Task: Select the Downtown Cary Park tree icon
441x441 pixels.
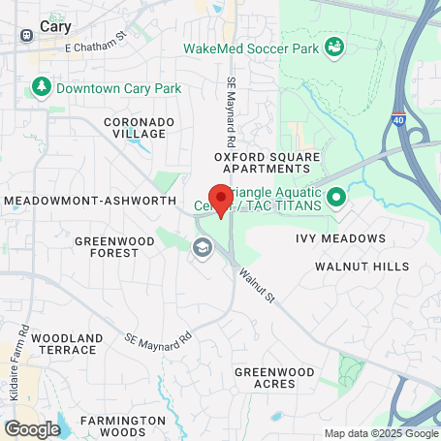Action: [x=42, y=88]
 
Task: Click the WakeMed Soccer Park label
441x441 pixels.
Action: [x=250, y=47]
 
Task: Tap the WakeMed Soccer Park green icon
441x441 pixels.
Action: [x=333, y=47]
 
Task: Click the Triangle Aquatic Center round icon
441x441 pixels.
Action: [x=336, y=200]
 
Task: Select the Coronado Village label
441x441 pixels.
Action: [x=140, y=128]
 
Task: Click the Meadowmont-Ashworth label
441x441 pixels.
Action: [x=90, y=200]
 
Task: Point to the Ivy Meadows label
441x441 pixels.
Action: [x=340, y=237]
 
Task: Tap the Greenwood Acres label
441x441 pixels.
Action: [x=276, y=378]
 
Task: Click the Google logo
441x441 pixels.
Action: [x=32, y=428]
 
